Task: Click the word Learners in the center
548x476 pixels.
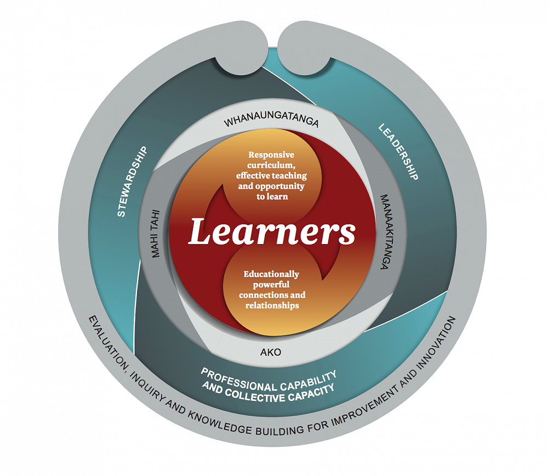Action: click(x=272, y=233)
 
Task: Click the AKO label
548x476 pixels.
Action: click(x=271, y=352)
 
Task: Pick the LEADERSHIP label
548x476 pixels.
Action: click(x=399, y=152)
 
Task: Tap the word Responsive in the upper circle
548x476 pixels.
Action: click(x=271, y=155)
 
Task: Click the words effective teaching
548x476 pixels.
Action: click(x=271, y=175)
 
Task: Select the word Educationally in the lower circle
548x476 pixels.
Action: click(x=272, y=274)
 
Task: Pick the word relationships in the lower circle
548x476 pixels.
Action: click(x=272, y=305)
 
